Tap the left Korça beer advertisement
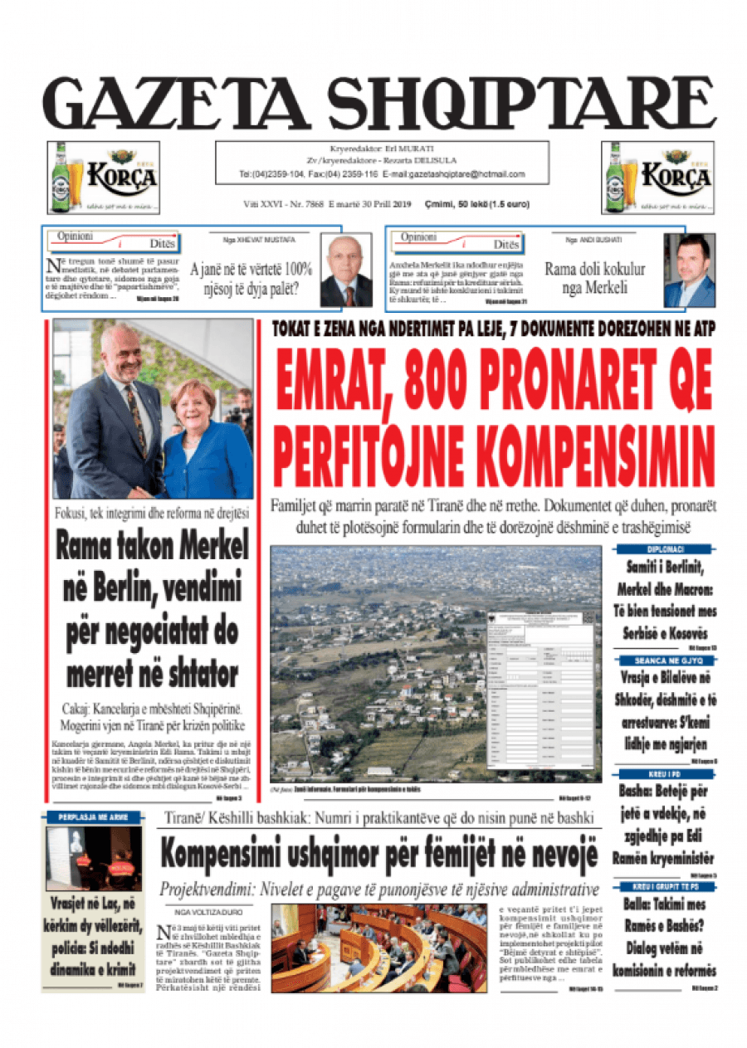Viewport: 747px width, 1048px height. (103, 178)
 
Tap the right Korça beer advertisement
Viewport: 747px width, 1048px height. (657, 178)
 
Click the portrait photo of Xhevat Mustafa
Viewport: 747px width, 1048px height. (346, 271)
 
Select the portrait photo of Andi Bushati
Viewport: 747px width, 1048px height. (689, 271)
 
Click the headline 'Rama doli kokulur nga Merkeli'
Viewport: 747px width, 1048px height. (594, 279)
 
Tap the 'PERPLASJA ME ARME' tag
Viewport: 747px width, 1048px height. (91, 817)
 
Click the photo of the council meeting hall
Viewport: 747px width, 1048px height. (378, 948)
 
